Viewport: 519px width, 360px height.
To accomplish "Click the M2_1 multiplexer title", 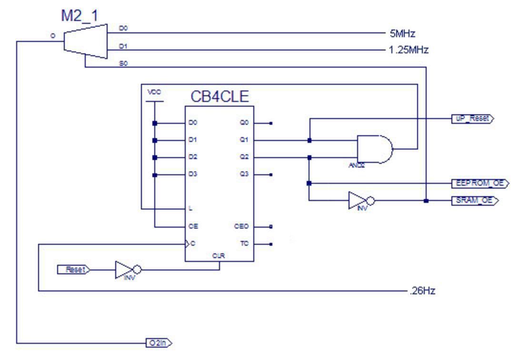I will pos(80,15).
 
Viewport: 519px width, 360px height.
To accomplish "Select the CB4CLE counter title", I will pos(220,97).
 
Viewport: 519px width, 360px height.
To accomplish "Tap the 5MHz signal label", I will pos(402,34).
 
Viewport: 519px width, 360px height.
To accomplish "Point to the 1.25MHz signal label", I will pos(409,50).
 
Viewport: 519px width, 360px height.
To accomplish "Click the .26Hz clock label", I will pos(422,291).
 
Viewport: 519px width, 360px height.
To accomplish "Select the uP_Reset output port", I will pos(472,119).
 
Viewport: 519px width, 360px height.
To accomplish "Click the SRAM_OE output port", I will pos(474,200).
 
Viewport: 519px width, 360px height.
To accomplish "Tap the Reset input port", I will pos(74,270).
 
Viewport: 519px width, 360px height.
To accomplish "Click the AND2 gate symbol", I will pos(375,149).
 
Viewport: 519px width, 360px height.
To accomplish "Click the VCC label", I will pos(154,93).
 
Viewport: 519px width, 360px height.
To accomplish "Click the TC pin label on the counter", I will pos(244,243).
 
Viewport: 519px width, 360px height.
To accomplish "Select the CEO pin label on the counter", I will pos(241,226).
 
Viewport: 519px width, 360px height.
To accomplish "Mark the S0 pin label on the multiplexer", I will pos(123,63).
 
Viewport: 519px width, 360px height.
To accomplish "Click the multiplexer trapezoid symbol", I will pos(86,41).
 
